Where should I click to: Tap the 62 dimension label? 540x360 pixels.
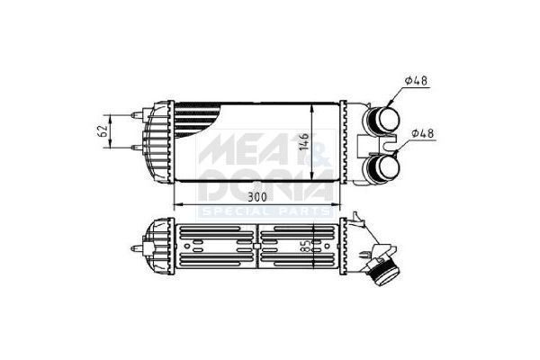[x=103, y=133]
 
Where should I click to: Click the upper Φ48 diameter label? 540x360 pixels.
[x=416, y=82]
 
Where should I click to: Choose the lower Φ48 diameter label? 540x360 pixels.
[x=423, y=134]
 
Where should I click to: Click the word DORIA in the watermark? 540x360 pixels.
[x=261, y=186]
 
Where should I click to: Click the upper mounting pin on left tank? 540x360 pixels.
[x=138, y=115]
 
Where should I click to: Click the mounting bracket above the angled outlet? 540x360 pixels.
[x=361, y=220]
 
